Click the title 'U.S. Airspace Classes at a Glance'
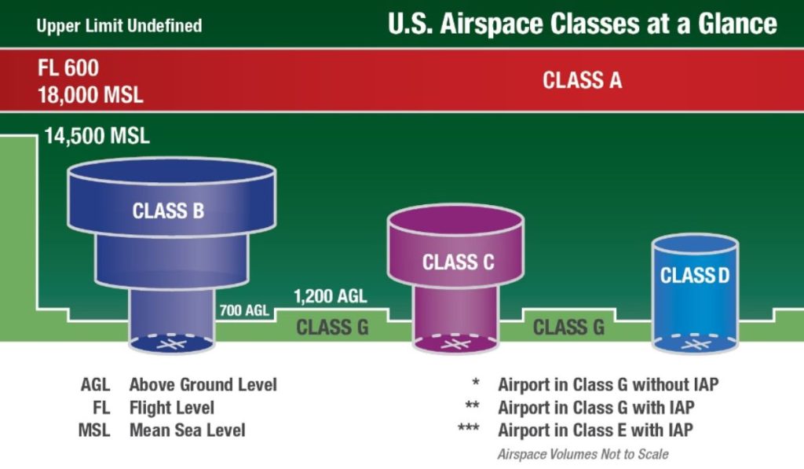(582, 24)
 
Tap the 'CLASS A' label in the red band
(583, 79)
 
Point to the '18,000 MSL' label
(90, 94)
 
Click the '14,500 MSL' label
(97, 136)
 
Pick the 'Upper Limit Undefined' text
(119, 26)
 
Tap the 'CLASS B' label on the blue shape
(168, 211)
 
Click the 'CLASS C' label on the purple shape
(459, 262)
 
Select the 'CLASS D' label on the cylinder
(694, 276)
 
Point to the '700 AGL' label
(245, 310)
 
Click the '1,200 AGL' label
(330, 297)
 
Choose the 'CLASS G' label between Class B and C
(332, 327)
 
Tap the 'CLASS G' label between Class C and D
(569, 327)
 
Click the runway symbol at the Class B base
(172, 344)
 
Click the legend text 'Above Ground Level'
(203, 385)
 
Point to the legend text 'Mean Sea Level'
(187, 431)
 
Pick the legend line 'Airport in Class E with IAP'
(595, 431)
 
